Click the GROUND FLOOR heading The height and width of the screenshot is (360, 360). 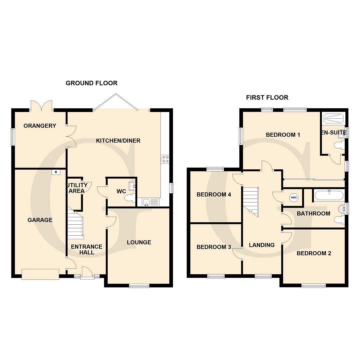[x=91, y=83]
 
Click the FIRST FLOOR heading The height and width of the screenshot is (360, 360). [x=267, y=98]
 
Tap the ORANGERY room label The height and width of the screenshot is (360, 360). [x=40, y=126]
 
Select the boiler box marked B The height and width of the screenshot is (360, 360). [x=56, y=172]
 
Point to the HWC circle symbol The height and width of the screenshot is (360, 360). [x=294, y=197]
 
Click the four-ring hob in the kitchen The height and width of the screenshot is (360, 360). [x=165, y=159]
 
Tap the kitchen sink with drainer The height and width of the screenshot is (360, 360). [x=151, y=202]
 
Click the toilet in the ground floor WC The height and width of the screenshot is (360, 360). [x=130, y=198]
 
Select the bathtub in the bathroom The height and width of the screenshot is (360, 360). [x=329, y=195]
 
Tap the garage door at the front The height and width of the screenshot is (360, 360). [x=40, y=274]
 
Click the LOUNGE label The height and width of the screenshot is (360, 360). [x=139, y=242]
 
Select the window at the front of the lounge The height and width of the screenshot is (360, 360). [x=139, y=286]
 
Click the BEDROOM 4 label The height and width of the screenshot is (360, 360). [x=214, y=195]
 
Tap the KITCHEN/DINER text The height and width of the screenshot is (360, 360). [x=118, y=141]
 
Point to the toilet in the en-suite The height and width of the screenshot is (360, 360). [x=339, y=145]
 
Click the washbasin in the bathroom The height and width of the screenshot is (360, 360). [x=342, y=209]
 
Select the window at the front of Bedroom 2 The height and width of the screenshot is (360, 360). [x=314, y=286]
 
